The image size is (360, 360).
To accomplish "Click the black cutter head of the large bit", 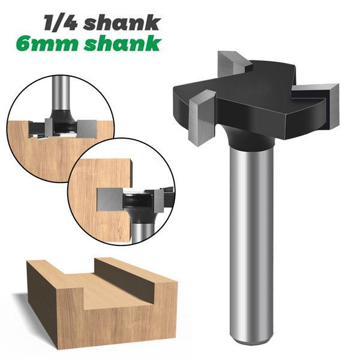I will tap(252, 102).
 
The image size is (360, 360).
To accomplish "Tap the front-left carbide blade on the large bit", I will tap(199, 117).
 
